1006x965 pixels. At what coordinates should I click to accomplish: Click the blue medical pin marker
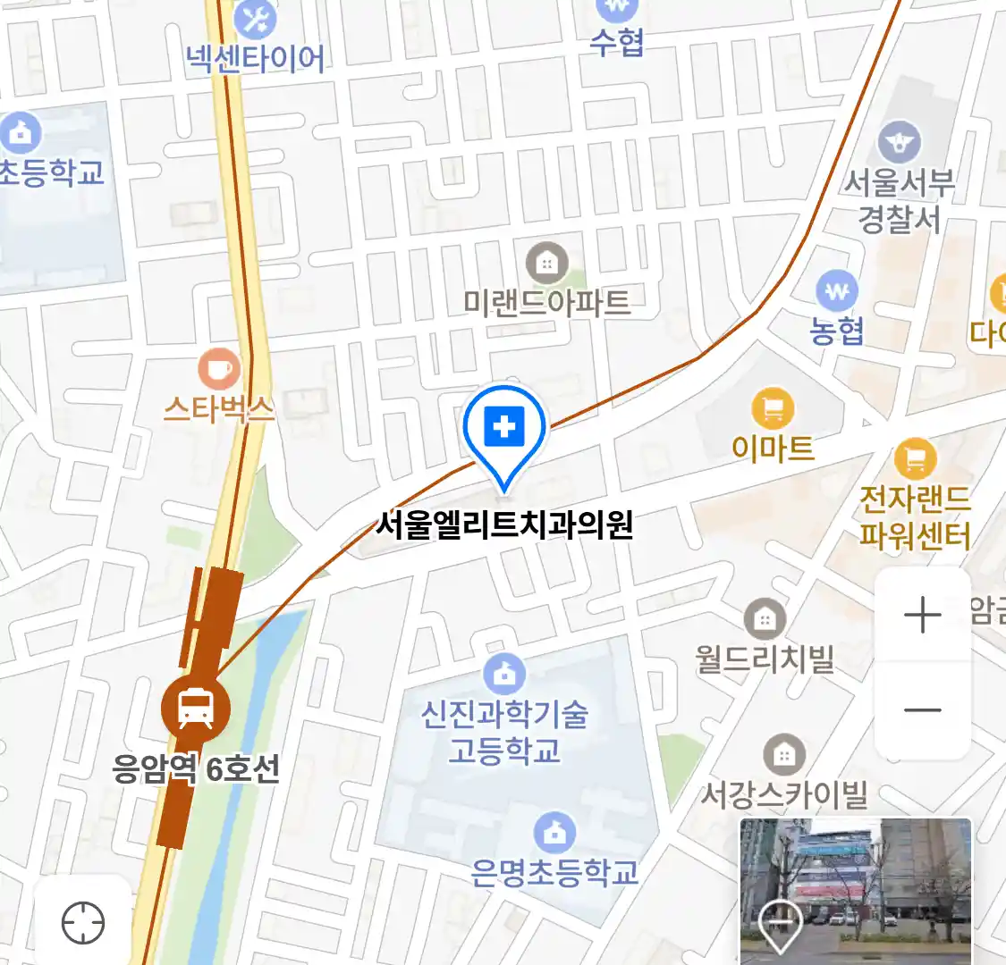(504, 430)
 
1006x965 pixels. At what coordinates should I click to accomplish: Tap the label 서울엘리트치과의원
(504, 524)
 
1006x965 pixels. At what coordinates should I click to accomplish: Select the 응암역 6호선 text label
(196, 768)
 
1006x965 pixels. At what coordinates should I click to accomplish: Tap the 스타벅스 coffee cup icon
(218, 368)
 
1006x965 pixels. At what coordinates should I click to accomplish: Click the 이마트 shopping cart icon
(773, 409)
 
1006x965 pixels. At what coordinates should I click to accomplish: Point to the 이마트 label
(773, 447)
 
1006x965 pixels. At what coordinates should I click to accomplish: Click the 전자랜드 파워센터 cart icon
(915, 460)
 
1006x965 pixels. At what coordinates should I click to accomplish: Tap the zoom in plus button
(922, 616)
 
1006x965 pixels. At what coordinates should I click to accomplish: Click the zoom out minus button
(922, 710)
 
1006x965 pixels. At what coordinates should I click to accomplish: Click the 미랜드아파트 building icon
(546, 263)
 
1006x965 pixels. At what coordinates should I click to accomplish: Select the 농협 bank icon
(837, 291)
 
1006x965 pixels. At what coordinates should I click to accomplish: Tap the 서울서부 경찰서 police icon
(899, 142)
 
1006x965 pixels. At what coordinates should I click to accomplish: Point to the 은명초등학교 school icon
(554, 833)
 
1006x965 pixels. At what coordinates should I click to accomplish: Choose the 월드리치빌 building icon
(765, 618)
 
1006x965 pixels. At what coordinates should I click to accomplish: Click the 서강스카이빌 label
(783, 793)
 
